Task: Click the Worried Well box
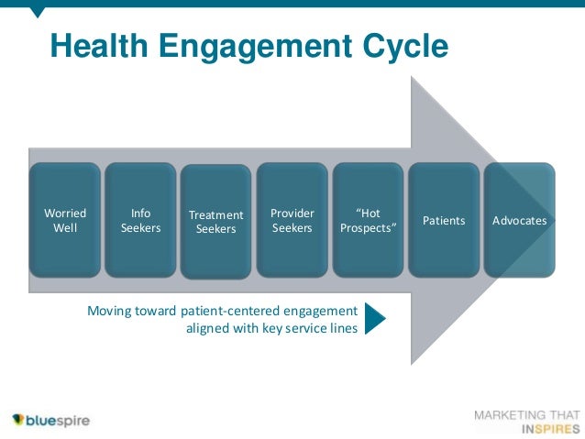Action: coord(65,220)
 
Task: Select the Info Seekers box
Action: coord(140,220)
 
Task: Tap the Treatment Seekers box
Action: coord(215,222)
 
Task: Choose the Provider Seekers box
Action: coord(292,220)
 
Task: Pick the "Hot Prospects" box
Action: coord(368,220)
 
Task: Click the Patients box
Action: coord(444,220)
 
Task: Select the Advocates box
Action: coord(519,220)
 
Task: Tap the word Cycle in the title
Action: coord(406,46)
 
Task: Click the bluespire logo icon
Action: coord(18,421)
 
